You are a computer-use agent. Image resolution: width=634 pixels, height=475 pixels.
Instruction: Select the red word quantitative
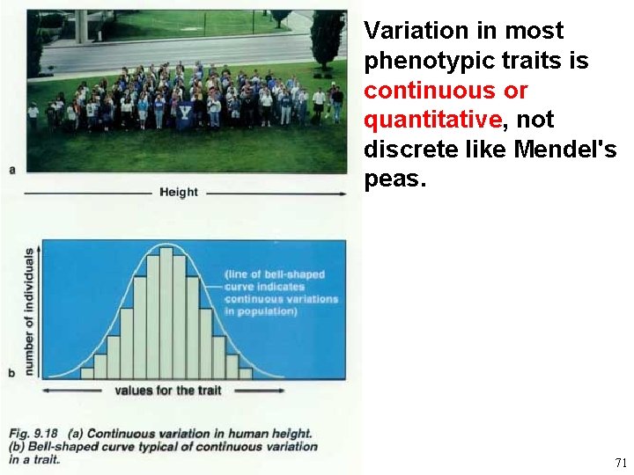click(x=432, y=121)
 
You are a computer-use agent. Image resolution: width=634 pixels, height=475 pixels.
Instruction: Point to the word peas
click(x=394, y=180)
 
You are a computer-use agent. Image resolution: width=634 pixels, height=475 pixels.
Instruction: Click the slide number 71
click(x=620, y=463)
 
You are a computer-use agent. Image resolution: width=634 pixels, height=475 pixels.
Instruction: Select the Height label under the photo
click(x=179, y=192)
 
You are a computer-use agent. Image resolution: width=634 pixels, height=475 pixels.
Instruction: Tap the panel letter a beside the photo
click(x=11, y=168)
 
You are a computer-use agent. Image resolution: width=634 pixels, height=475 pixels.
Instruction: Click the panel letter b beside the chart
click(x=11, y=373)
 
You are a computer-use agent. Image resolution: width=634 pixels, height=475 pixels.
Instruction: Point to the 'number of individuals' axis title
click(x=28, y=312)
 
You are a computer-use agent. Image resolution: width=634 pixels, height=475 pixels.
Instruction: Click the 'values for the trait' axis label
click(x=167, y=391)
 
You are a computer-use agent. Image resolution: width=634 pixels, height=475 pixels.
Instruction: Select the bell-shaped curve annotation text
click(x=280, y=292)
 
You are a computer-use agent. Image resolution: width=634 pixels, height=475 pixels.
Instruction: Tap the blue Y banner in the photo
click(x=185, y=115)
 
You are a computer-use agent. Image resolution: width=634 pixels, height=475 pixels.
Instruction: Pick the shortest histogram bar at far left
click(x=87, y=374)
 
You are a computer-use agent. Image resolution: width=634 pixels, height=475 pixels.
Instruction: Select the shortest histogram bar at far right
click(x=245, y=374)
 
